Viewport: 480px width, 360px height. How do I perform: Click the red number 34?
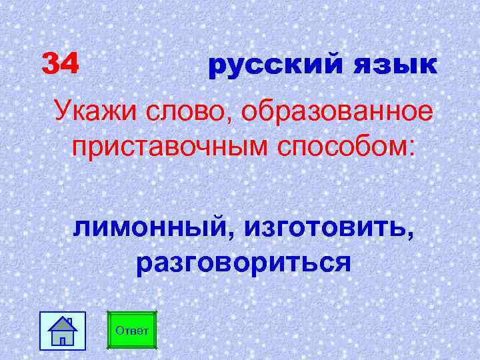pos(61,64)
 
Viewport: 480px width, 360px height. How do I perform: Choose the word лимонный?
pos(153,229)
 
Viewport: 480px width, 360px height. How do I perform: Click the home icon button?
pos(63,330)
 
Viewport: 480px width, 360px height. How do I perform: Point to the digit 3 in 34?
pos(51,64)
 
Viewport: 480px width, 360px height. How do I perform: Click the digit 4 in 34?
pos(70,64)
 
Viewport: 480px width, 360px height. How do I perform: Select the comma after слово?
pos(233,121)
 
